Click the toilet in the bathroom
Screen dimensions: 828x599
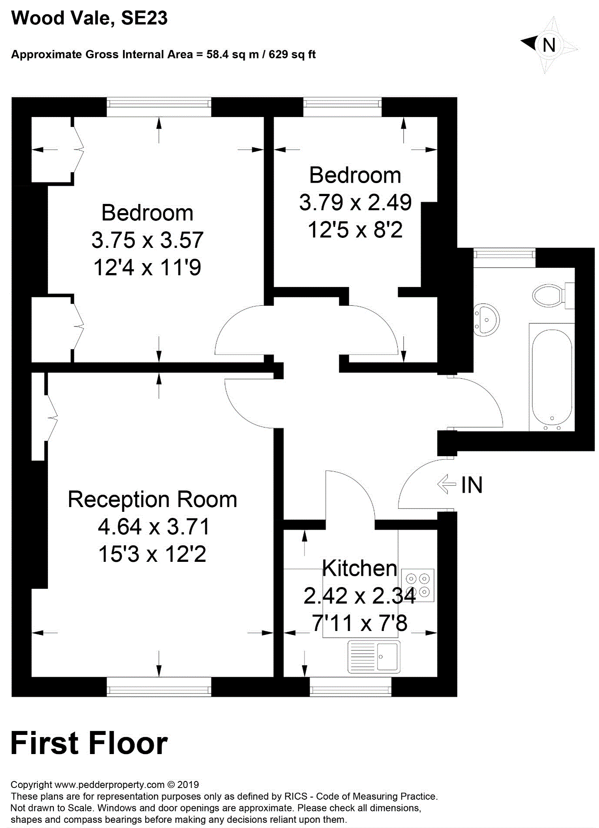click(x=549, y=296)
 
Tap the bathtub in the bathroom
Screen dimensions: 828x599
click(x=552, y=377)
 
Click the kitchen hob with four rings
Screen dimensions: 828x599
click(x=418, y=585)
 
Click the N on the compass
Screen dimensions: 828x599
click(x=549, y=45)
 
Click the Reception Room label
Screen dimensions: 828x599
click(x=152, y=499)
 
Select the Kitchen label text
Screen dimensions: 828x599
click(x=359, y=568)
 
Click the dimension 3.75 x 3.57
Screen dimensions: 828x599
click(x=147, y=240)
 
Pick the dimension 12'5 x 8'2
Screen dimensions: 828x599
click(x=355, y=230)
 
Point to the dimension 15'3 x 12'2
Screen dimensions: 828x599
click(x=152, y=554)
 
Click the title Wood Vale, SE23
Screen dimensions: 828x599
click(x=89, y=18)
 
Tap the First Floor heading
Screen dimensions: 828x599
click(x=89, y=743)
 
